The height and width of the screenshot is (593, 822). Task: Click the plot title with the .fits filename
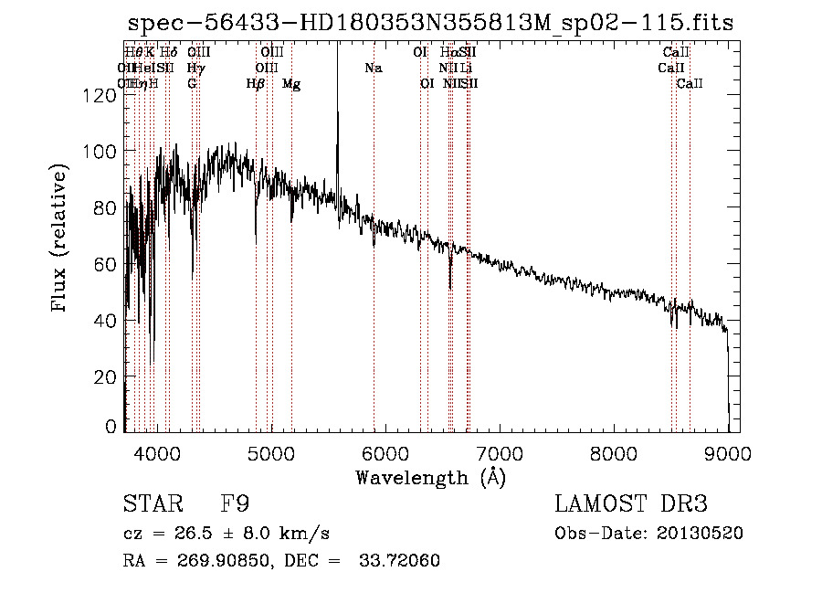(x=430, y=23)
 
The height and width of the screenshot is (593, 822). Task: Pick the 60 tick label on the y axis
(x=106, y=265)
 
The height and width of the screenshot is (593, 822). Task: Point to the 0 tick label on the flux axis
(x=111, y=427)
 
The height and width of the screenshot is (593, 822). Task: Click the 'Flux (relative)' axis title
(x=61, y=239)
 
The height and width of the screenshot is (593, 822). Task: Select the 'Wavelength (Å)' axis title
(x=430, y=476)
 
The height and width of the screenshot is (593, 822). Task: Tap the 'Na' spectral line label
(x=373, y=68)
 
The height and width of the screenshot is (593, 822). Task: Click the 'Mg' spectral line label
(x=291, y=84)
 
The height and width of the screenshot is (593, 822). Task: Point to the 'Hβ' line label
(x=256, y=84)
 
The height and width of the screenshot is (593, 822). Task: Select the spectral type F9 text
(x=235, y=504)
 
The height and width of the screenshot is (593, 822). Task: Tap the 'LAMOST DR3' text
(x=631, y=504)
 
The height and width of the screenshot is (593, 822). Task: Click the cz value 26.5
(x=187, y=533)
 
